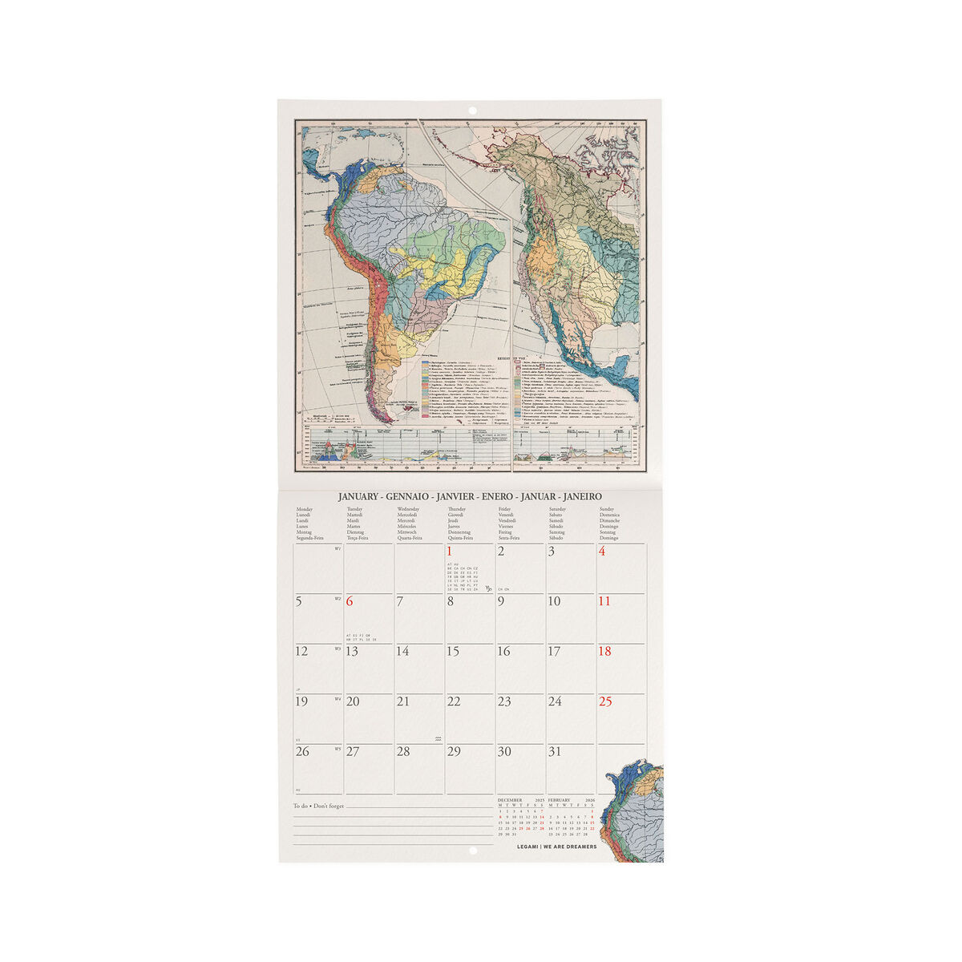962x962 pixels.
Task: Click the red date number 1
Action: pyautogui.click(x=450, y=552)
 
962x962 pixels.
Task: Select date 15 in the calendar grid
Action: pyautogui.click(x=453, y=652)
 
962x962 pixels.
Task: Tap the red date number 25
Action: pyautogui.click(x=605, y=701)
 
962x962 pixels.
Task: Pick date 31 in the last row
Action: pyautogui.click(x=554, y=752)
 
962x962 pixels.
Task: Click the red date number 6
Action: pyautogui.click(x=350, y=602)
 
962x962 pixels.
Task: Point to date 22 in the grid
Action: pyautogui.click(x=454, y=702)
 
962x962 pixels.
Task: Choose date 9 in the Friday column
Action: pyautogui.click(x=501, y=601)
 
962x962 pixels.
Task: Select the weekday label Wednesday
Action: pyautogui.click(x=408, y=509)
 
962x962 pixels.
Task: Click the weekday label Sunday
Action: pyautogui.click(x=608, y=509)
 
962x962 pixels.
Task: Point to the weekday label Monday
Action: pyautogui.click(x=305, y=509)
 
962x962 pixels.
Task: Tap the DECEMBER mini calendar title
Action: pyautogui.click(x=510, y=800)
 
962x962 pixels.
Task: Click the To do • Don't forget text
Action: pyautogui.click(x=318, y=806)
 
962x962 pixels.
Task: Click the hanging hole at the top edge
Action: pyautogui.click(x=471, y=111)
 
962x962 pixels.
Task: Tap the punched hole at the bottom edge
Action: pyautogui.click(x=471, y=851)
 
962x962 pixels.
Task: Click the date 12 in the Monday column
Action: pyautogui.click(x=301, y=652)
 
